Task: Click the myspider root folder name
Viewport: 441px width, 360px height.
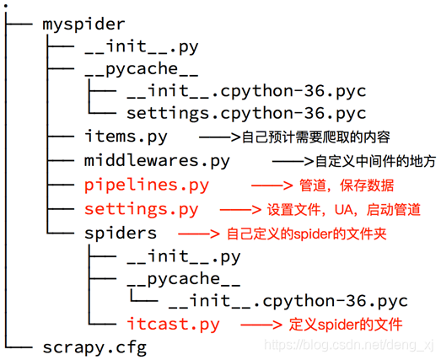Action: point(83,24)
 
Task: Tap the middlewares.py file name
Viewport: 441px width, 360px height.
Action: point(156,160)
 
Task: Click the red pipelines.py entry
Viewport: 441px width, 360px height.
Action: point(146,185)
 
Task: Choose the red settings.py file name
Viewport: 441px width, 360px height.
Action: point(141,208)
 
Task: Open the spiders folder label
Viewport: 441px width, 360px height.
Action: point(120,232)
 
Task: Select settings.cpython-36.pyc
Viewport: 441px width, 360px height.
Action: point(246,113)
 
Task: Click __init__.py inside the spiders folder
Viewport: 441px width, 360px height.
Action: point(183,255)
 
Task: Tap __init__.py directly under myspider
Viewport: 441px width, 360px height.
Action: point(141,48)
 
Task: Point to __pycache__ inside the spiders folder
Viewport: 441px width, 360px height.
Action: point(183,278)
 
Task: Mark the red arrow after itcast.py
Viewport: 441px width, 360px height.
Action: point(261,324)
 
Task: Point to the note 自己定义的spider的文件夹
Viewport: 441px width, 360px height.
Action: point(306,233)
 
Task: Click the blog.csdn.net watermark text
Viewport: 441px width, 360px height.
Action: point(346,346)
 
